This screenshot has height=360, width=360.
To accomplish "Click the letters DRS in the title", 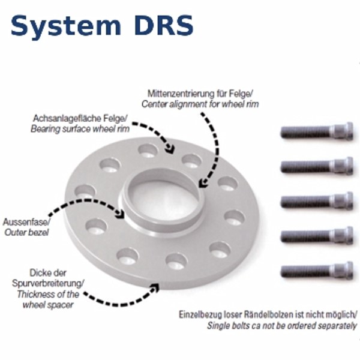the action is [x=164, y=25].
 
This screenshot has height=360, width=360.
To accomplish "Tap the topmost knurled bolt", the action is [x=317, y=131].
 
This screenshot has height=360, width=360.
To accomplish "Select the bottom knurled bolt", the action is [x=317, y=271].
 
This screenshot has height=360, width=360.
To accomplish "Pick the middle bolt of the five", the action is [x=317, y=201].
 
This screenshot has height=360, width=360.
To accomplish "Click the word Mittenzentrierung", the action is [x=181, y=94].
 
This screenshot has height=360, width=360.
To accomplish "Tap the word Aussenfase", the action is [x=26, y=222].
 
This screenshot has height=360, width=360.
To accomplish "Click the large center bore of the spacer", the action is [x=163, y=200].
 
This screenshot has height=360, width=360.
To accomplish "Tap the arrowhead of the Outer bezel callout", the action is [x=121, y=214].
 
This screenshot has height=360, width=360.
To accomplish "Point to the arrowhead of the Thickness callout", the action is [x=155, y=287].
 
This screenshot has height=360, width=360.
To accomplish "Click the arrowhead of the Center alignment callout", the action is [x=203, y=183].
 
